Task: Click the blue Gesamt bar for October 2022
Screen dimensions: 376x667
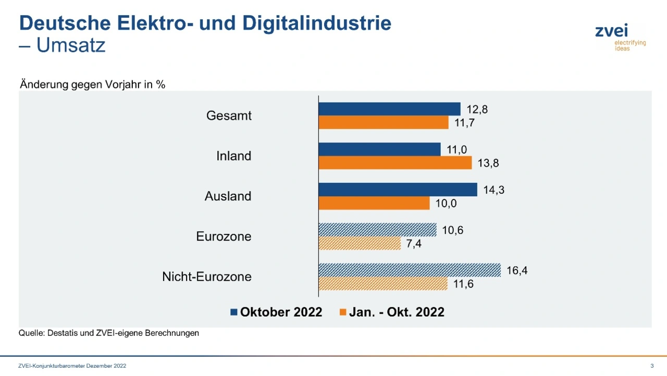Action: click(x=389, y=109)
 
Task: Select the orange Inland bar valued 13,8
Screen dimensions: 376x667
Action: click(x=395, y=163)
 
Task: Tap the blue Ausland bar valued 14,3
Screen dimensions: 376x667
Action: click(x=398, y=190)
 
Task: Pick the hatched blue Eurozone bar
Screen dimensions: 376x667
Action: click(x=377, y=230)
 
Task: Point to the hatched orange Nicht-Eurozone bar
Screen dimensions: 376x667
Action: click(x=383, y=284)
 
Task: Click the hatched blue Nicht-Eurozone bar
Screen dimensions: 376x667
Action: click(x=410, y=270)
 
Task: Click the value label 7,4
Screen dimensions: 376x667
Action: click(x=414, y=244)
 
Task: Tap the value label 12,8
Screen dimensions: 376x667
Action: click(x=477, y=109)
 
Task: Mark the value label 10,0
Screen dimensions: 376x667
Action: click(x=446, y=204)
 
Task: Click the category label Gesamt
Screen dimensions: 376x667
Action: click(x=229, y=116)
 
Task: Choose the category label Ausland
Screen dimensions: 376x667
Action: click(x=228, y=196)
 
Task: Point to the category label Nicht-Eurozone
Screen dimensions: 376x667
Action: click(x=207, y=277)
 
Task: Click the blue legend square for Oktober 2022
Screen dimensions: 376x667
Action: click(x=234, y=312)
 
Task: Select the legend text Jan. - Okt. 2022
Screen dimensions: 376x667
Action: click(x=397, y=312)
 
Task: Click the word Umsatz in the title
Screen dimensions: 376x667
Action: click(x=71, y=46)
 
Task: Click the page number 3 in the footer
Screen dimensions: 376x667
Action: click(x=652, y=366)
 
